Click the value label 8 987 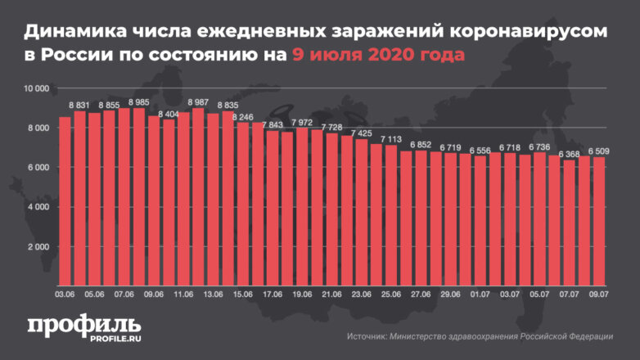[x=197, y=102]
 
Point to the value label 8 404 [x=169, y=115]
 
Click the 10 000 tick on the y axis [x=37, y=88]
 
